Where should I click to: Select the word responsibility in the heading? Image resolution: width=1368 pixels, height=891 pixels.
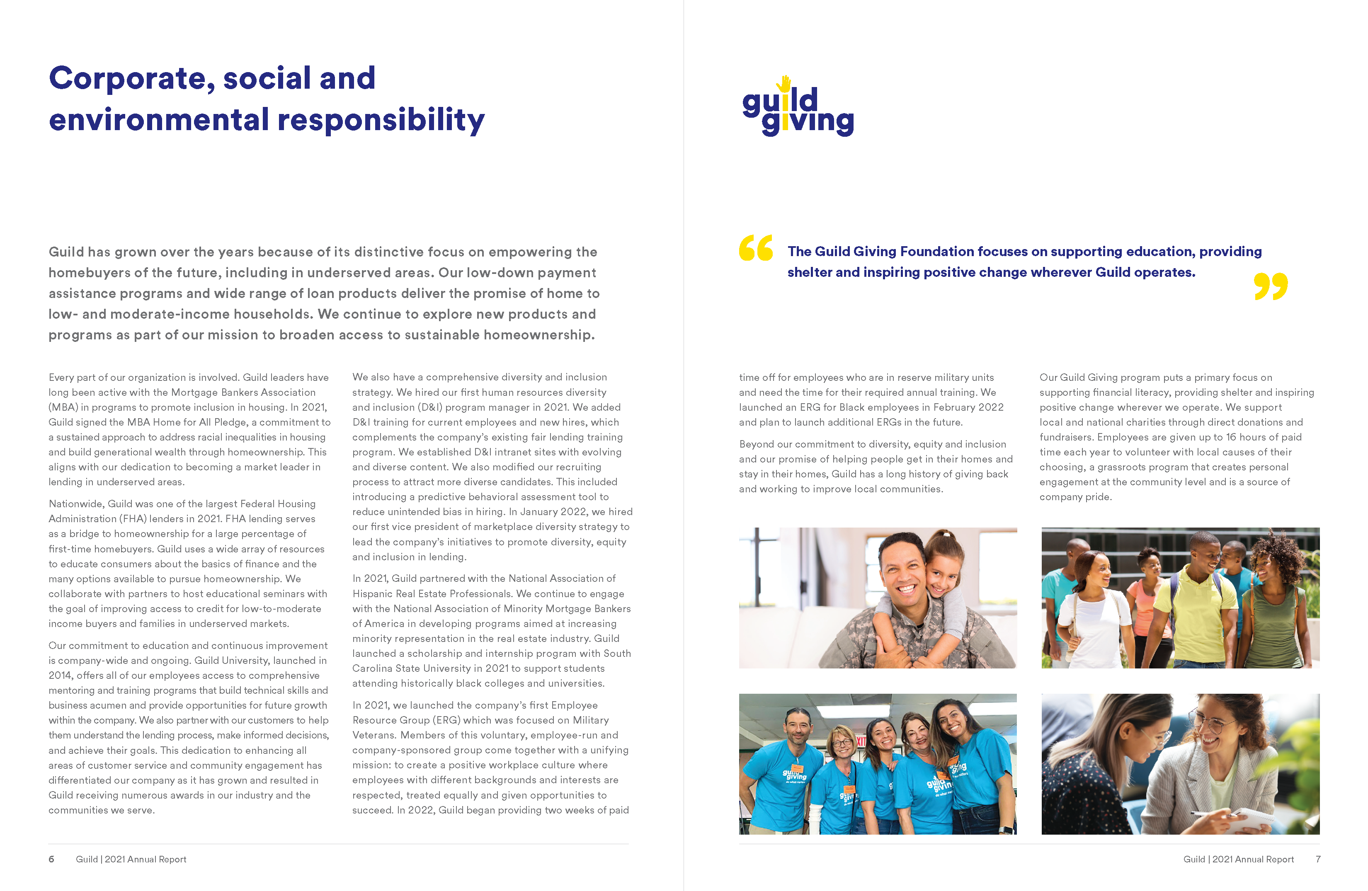click(x=381, y=121)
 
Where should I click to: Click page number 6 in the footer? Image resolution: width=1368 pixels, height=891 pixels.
click(x=51, y=859)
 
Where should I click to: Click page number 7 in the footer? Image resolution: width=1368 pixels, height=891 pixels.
click(x=1317, y=859)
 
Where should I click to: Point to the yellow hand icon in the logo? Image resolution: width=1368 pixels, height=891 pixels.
click(x=785, y=84)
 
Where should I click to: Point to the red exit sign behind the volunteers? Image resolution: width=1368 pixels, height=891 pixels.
click(x=861, y=742)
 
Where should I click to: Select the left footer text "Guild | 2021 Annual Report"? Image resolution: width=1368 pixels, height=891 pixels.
click(x=131, y=859)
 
